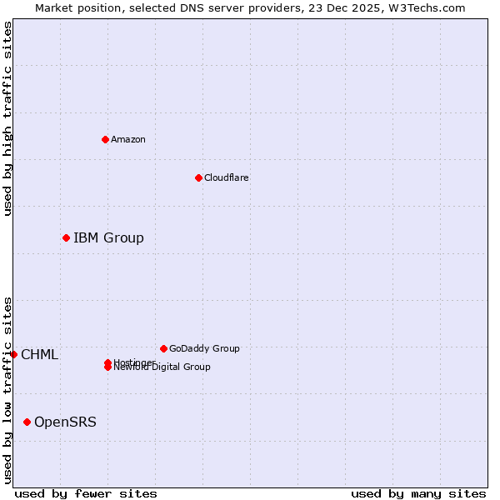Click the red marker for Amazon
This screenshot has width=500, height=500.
105,139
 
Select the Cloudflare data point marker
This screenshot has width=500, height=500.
198,177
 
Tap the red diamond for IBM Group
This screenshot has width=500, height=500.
66,238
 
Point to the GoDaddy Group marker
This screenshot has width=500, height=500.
163,348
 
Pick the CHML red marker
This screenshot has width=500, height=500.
13,355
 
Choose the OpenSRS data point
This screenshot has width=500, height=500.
27,422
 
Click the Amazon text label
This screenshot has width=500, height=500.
128,139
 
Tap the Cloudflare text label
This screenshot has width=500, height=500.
227,177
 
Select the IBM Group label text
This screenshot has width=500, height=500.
108,238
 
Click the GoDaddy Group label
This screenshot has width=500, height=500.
204,348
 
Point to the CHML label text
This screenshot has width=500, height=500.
39,355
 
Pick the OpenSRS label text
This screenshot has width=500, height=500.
65,422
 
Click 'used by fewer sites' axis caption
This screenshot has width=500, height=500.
86,493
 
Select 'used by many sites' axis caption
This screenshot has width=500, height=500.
418,493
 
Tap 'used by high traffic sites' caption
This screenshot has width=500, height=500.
8,118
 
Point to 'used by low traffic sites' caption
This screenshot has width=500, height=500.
8,389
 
